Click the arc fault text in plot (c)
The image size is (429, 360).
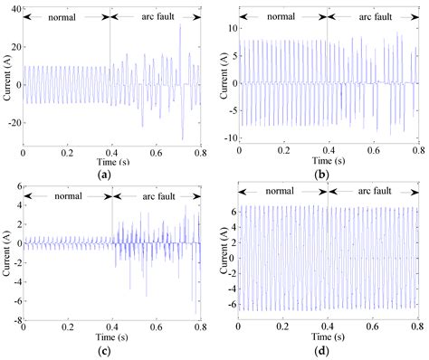(156, 193)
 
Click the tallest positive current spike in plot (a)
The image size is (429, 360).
(179, 24)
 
